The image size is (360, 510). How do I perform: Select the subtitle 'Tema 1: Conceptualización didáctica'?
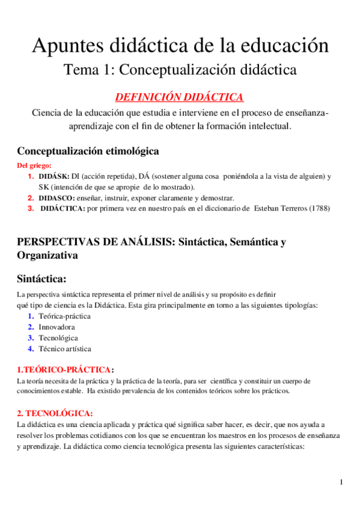pos(180,70)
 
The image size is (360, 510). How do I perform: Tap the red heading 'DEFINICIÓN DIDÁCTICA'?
pos(179,97)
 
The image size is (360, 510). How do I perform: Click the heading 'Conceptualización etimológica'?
pos(88,150)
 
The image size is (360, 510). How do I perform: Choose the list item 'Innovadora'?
pos(56,327)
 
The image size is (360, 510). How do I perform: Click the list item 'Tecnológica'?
pos(58,337)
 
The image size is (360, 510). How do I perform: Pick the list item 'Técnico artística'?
pos(65,348)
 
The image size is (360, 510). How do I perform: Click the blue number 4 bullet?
pos(31,348)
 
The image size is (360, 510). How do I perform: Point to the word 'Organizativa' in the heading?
pos(47,255)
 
